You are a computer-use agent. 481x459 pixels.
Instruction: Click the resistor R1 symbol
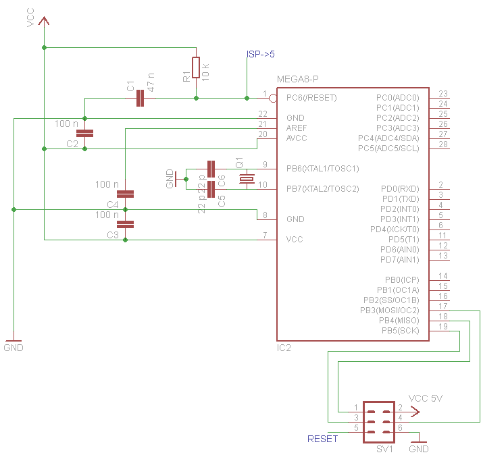point(196,67)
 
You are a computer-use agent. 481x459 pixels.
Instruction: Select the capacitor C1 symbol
point(140,99)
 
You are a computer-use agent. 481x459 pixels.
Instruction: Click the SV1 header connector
point(378,418)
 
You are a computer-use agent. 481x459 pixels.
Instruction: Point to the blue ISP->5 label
point(260,54)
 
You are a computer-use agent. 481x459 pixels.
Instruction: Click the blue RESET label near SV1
point(322,439)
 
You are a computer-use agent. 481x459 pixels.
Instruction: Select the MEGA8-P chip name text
point(297,80)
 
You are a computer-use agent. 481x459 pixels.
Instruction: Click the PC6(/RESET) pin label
point(311,98)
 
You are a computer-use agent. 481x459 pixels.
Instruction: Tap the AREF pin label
point(297,128)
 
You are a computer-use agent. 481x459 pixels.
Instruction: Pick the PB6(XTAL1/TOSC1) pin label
point(322,168)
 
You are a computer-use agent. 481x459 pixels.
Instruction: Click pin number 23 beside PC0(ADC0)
point(443,94)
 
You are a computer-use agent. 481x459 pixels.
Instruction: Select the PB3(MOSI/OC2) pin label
point(390,310)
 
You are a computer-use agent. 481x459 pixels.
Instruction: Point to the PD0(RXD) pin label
point(400,188)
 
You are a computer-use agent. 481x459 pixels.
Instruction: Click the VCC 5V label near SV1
point(426,398)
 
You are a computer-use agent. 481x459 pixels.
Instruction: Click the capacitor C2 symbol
point(84,134)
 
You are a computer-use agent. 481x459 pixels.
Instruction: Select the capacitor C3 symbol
point(126,224)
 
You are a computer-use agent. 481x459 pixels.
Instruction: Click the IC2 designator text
point(284,348)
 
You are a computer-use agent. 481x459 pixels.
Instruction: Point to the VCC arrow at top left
point(44,22)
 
